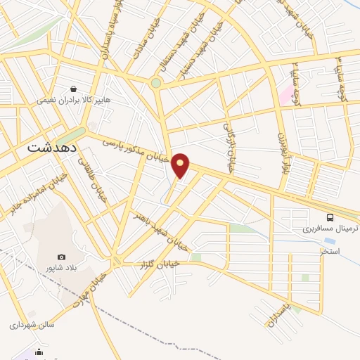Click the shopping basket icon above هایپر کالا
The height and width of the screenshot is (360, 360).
tap(74, 89)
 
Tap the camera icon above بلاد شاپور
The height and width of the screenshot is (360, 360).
tap(62, 257)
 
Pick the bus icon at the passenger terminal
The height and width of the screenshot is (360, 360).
tap(330, 217)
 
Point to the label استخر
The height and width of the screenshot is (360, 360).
tap(329, 250)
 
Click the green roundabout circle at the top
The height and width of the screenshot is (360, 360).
tap(156, 82)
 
